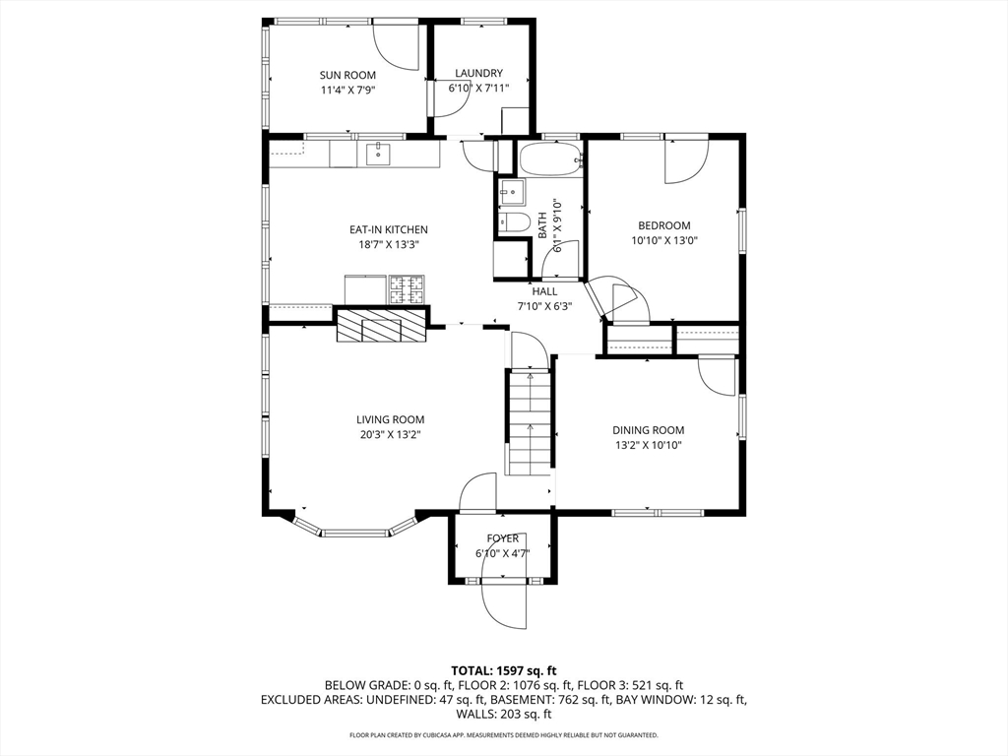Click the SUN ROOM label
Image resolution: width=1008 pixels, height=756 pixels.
[347, 75]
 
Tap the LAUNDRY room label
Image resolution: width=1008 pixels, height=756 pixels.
[478, 73]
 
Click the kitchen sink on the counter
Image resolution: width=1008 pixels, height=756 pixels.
[378, 154]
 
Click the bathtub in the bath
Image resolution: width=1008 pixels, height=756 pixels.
[550, 159]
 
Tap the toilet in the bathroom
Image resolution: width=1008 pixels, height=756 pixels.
[511, 221]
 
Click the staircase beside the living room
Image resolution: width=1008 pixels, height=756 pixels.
[530, 421]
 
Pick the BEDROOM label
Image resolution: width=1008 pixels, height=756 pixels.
[663, 225]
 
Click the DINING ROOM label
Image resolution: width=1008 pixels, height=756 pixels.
[648, 430]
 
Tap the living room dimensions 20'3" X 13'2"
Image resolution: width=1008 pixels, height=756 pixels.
[390, 434]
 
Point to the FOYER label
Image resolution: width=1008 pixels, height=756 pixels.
[502, 538]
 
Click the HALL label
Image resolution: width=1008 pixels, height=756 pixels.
[544, 291]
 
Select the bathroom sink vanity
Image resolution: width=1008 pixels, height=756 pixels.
[511, 191]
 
